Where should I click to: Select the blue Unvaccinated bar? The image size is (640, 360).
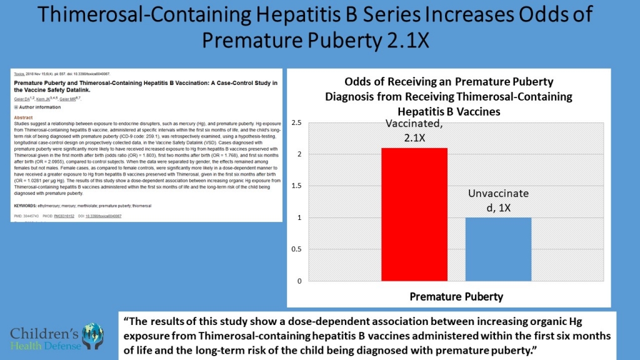(498, 249)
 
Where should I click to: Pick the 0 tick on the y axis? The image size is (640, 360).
(299, 281)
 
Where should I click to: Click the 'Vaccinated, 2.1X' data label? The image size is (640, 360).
(407, 131)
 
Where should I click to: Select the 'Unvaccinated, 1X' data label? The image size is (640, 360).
(498, 201)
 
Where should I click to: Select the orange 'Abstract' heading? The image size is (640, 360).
(23, 117)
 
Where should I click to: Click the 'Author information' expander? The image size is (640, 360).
(35, 107)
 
